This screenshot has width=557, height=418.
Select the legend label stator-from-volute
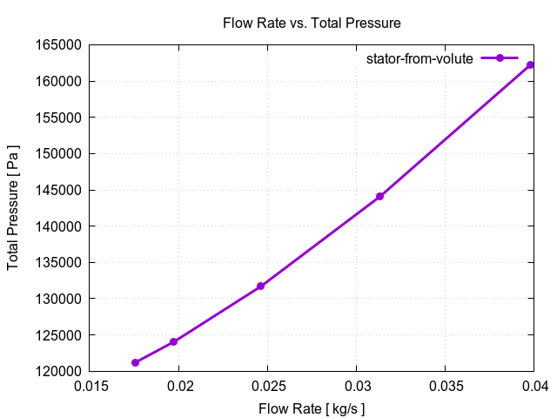419,59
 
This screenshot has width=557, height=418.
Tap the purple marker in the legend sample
500,58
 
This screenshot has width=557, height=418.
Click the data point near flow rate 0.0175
135,362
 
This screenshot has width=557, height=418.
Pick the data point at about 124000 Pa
173,341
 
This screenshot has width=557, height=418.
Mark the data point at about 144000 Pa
379,197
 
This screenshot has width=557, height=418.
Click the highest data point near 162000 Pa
530,64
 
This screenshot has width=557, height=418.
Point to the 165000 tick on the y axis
57,45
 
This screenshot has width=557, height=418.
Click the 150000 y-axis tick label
57,154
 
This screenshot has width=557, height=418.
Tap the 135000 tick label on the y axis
57,262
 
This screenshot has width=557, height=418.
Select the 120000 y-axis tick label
57,371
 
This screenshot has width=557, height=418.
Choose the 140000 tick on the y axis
57,226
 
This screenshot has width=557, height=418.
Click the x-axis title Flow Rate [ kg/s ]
312,408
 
